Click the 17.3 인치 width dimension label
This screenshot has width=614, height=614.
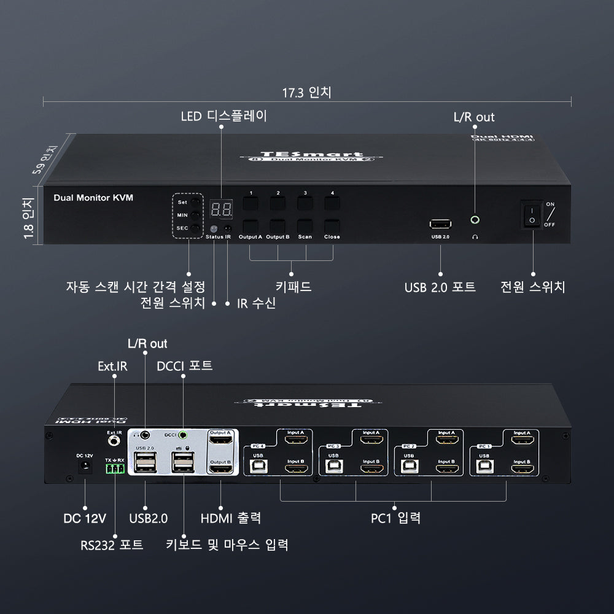pyautogui.click(x=306, y=93)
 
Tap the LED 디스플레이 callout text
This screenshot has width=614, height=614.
pyautogui.click(x=223, y=116)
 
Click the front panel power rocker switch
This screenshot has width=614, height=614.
pyautogui.click(x=532, y=214)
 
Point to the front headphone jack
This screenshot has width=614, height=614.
pyautogui.click(x=474, y=219)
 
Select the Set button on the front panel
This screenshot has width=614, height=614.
pyautogui.click(x=195, y=202)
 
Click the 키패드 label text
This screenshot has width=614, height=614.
pyautogui.click(x=293, y=287)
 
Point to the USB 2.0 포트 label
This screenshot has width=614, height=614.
pyautogui.click(x=440, y=287)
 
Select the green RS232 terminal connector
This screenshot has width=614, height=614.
pyautogui.click(x=114, y=469)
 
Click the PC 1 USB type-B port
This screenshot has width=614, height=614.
pyautogui.click(x=484, y=466)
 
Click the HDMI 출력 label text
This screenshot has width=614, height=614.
pyautogui.click(x=231, y=518)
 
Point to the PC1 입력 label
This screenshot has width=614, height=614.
pyautogui.click(x=395, y=518)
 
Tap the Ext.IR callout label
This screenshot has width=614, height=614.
pyautogui.click(x=112, y=367)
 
